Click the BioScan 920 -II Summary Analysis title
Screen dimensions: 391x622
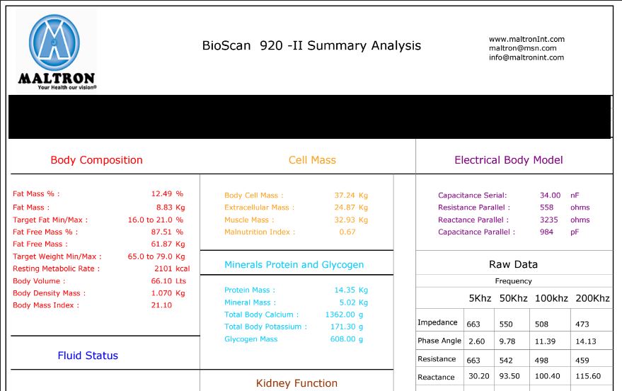click(311, 46)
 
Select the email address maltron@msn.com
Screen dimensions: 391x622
click(522, 49)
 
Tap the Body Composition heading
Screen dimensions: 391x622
click(96, 160)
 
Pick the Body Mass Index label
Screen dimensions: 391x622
click(46, 305)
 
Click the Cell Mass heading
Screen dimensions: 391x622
click(312, 160)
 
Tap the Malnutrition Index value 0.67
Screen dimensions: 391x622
click(347, 232)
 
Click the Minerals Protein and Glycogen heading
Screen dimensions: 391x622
click(294, 265)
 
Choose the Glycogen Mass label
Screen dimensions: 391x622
click(250, 339)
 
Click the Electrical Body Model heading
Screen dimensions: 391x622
click(508, 160)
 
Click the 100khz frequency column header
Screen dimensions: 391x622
click(551, 299)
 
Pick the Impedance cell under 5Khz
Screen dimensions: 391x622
click(473, 324)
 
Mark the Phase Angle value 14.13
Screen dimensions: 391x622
click(586, 341)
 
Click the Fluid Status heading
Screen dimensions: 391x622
click(88, 356)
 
